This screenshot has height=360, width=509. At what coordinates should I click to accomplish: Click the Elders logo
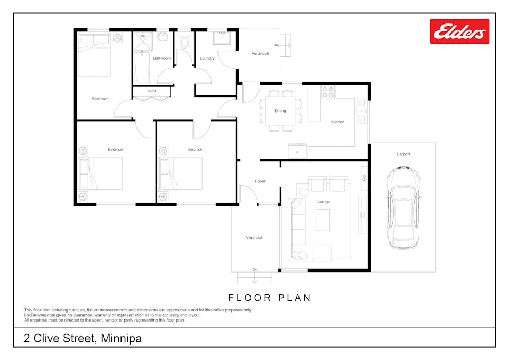tap(459, 31)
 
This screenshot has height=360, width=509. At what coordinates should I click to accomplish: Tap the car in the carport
tap(403, 207)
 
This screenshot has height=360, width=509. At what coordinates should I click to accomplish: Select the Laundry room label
tap(207, 58)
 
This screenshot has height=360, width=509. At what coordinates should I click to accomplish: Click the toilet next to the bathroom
tap(184, 39)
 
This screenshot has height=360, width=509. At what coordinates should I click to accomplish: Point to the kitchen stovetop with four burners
tap(328, 92)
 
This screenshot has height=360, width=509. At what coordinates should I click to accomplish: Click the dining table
tap(280, 111)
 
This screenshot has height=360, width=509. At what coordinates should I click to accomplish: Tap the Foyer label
tap(260, 181)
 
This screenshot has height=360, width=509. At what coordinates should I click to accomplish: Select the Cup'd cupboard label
tap(151, 91)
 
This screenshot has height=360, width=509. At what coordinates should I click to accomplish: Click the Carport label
tap(403, 154)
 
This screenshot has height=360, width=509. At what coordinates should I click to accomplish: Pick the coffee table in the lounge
tap(323, 220)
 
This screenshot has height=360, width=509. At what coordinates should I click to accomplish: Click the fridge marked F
tap(298, 151)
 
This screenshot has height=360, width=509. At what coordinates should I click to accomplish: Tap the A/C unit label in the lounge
tap(365, 178)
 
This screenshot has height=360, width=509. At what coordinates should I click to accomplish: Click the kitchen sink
tap(361, 111)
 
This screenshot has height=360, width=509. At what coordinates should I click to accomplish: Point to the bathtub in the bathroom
tap(142, 68)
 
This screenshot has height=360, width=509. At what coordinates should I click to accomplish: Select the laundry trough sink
tap(222, 38)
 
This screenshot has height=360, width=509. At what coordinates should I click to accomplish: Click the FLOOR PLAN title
tap(270, 298)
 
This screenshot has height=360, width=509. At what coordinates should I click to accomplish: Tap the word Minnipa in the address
tap(122, 338)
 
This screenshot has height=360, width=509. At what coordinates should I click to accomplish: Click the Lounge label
tap(323, 202)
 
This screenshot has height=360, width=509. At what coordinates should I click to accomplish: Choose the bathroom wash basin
tap(163, 36)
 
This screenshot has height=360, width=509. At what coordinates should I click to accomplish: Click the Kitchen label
tap(337, 122)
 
